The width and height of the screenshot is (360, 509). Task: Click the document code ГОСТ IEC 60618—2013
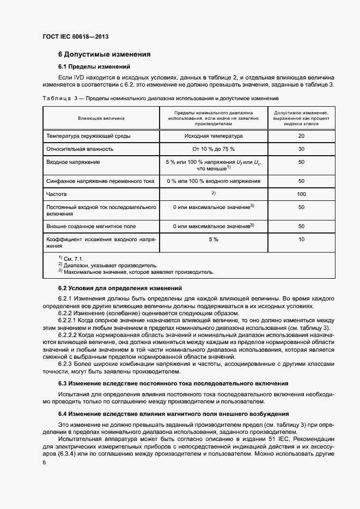(75, 36)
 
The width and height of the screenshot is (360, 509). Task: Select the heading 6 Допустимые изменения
(104, 54)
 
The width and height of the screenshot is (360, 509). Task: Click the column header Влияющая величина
(101, 118)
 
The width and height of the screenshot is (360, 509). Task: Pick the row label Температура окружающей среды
(88, 136)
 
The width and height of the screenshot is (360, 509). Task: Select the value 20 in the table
(301, 136)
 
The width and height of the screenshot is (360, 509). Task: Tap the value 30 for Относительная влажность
(301, 149)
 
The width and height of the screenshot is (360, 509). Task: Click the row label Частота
(56, 194)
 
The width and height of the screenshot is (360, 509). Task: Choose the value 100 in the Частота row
(301, 194)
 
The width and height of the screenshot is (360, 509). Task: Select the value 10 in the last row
(301, 239)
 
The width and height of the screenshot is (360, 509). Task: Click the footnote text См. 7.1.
(74, 259)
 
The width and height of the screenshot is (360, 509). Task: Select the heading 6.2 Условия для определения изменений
(120, 287)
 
